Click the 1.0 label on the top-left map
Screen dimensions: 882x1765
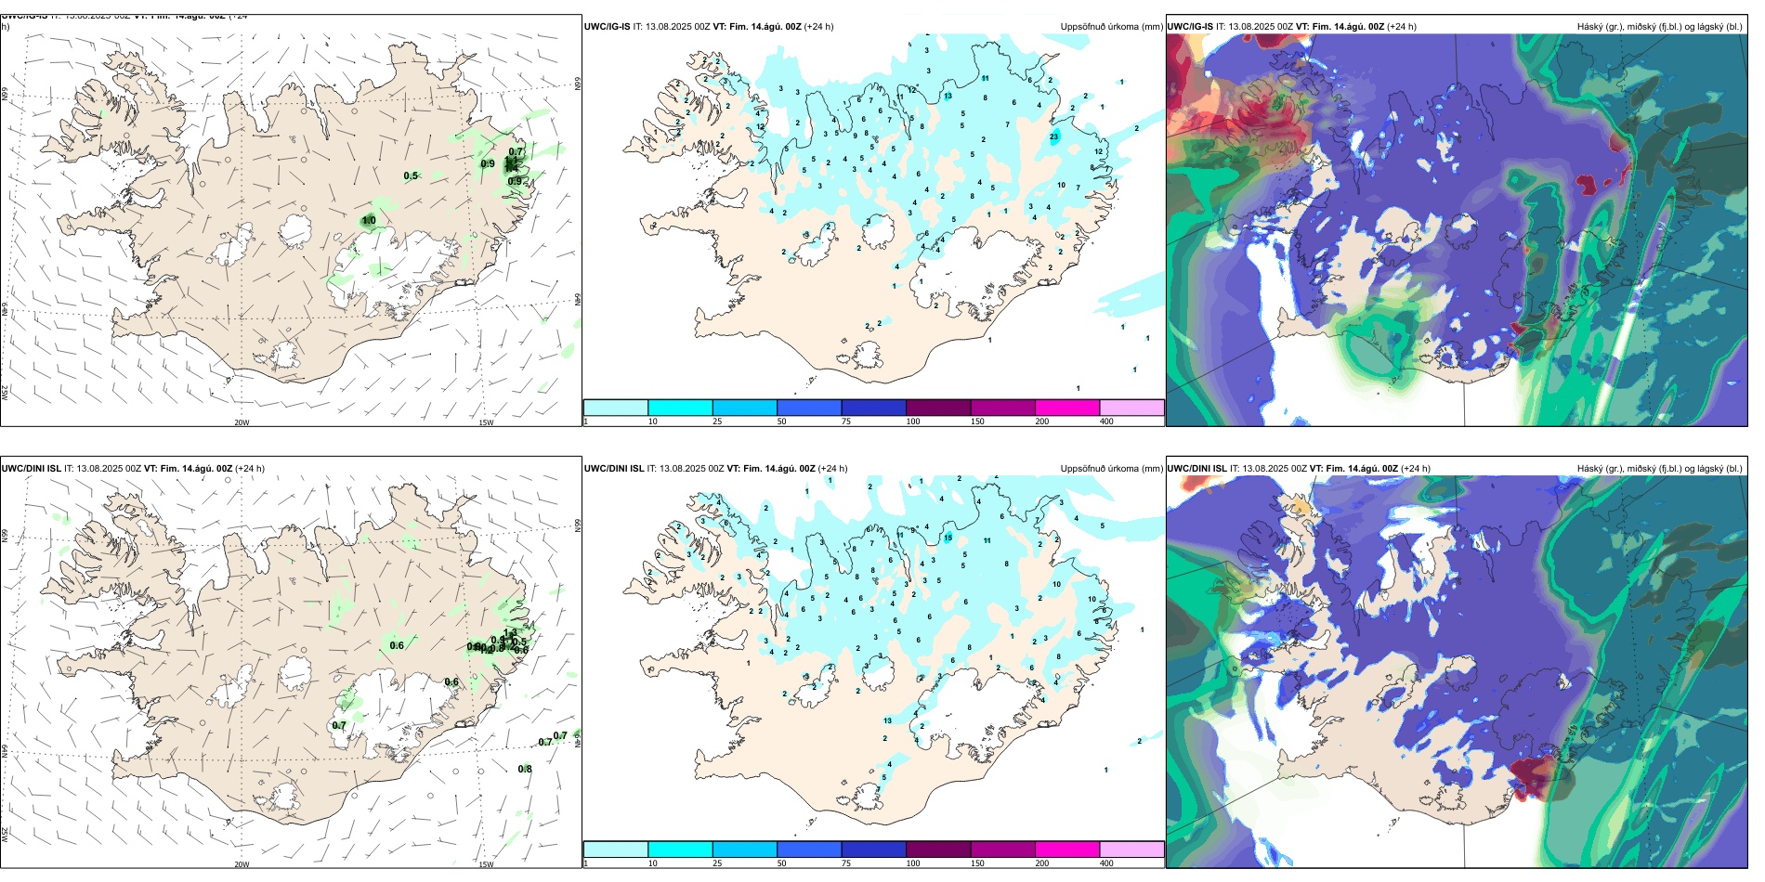369,221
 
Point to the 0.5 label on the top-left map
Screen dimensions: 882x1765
411,175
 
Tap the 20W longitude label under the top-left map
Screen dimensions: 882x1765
242,422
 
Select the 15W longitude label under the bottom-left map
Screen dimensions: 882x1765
486,864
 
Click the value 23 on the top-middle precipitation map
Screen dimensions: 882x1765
1054,136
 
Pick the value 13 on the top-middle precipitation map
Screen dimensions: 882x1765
948,96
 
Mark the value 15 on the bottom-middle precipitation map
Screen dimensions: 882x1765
948,538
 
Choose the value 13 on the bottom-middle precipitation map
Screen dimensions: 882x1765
888,720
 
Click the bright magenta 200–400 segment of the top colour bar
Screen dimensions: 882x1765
1067,408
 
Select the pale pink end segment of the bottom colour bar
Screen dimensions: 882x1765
1131,850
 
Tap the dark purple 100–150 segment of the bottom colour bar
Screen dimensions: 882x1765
938,850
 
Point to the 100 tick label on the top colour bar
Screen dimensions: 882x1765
913,422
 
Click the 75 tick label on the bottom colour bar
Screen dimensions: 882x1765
846,863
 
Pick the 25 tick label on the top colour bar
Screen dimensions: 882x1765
717,422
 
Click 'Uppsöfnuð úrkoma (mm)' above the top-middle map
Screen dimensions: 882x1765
1111,27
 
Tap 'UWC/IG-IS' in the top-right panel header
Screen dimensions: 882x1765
1190,27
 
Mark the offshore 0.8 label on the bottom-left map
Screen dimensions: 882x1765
525,769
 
